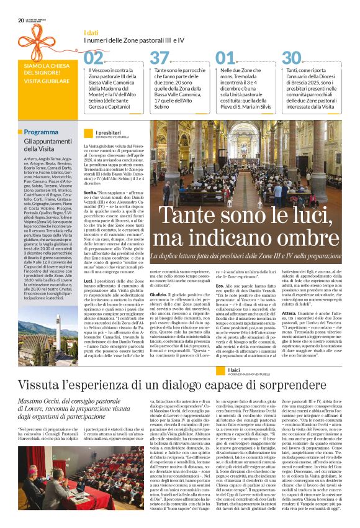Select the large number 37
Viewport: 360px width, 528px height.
(160, 58)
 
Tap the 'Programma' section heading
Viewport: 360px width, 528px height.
(42, 132)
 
